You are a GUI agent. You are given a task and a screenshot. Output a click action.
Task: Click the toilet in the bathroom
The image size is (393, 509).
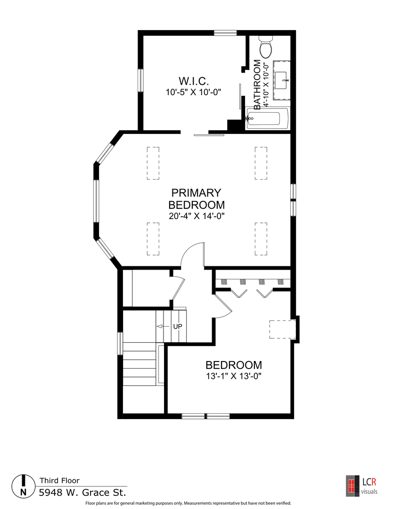pyautogui.click(x=266, y=47)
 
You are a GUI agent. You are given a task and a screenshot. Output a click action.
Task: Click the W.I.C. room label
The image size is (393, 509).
pyautogui.click(x=194, y=81)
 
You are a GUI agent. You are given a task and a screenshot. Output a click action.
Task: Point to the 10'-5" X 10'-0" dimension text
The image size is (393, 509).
pyautogui.click(x=193, y=92)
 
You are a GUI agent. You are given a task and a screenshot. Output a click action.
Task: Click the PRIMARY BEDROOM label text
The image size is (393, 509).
pyautogui.click(x=196, y=199)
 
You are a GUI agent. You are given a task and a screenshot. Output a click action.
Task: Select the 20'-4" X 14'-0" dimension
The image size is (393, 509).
pyautogui.click(x=196, y=216)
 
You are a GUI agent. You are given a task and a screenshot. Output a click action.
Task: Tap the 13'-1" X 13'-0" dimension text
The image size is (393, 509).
pyautogui.click(x=234, y=376)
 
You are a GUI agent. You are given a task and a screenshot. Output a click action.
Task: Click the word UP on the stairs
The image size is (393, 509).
pyautogui.click(x=178, y=326)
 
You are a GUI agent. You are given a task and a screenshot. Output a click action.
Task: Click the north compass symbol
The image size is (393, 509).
pyautogui.click(x=24, y=486)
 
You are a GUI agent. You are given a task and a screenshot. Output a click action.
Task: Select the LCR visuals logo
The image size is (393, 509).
pyautogui.click(x=362, y=486)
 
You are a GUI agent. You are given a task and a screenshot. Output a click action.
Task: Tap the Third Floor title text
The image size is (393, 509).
pyautogui.click(x=59, y=480)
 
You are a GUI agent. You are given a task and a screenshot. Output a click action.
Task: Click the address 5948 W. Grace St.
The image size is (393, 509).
pyautogui.click(x=82, y=493)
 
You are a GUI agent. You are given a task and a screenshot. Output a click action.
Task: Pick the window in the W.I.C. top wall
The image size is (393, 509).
pyautogui.click(x=225, y=33)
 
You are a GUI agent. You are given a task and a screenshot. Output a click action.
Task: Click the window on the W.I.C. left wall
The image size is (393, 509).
pyautogui.click(x=140, y=80)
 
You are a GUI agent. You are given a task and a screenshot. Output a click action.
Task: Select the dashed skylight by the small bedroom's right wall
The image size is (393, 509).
pyautogui.click(x=282, y=329)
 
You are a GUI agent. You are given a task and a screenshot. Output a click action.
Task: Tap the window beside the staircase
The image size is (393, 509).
pyautogui.click(x=120, y=344)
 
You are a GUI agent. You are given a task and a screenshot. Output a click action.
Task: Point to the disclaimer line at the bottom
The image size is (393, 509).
pyautogui.click(x=188, y=503)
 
